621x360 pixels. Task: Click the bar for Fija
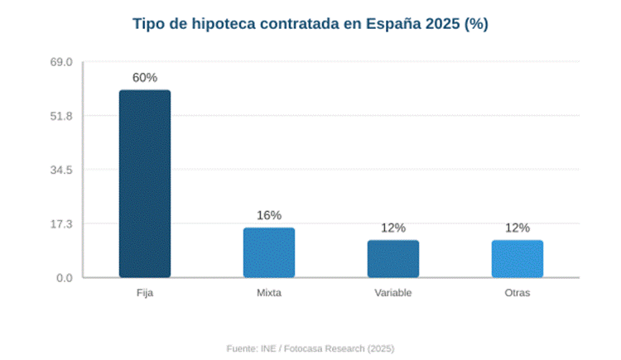pos(145,184)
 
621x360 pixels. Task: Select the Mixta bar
pos(269,252)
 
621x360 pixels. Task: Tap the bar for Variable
pos(393,259)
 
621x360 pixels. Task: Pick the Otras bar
pos(517,259)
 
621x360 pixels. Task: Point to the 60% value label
pos(145,78)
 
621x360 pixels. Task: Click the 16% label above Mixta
pos(269,215)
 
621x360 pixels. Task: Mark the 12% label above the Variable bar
pos(393,228)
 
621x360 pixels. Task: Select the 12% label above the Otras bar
pos(517,228)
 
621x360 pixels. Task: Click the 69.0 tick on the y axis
pos(64,62)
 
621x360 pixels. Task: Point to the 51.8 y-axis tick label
pos(64,116)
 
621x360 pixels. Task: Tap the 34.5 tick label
pos(64,170)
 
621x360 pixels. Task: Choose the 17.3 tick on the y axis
pos(64,223)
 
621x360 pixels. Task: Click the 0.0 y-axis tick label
pos(66,277)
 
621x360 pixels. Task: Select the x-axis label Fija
pos(145,294)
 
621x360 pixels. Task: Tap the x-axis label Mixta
pos(269,294)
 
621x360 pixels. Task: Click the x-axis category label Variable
pos(393,294)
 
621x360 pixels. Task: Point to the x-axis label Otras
pos(517,294)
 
